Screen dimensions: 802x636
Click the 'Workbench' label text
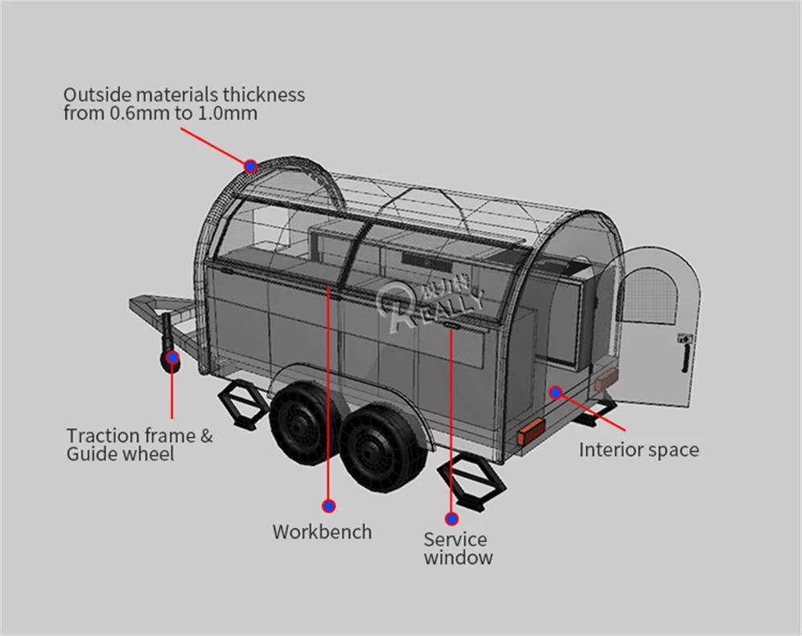[322, 532]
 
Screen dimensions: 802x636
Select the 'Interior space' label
[638, 450]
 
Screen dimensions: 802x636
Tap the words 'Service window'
[457, 549]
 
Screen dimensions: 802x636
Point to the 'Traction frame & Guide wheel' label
[140, 444]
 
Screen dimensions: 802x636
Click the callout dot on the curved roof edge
[251, 166]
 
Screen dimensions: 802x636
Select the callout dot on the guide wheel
[172, 358]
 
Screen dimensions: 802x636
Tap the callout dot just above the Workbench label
[328, 505]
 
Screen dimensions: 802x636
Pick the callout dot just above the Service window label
[452, 519]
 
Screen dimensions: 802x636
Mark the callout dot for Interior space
[556, 391]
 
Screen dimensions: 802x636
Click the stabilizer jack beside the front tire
[241, 404]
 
